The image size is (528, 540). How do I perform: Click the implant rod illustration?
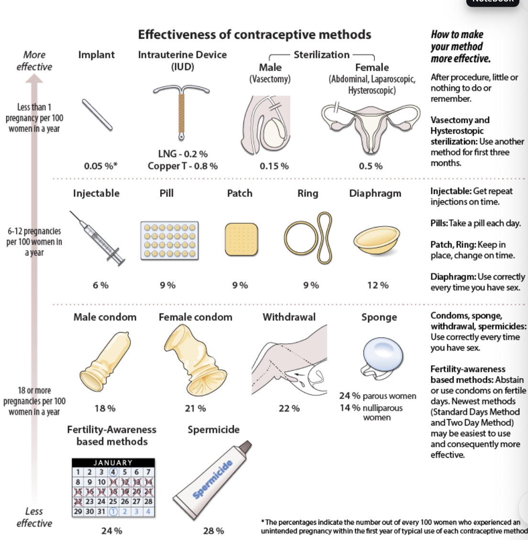point(97,115)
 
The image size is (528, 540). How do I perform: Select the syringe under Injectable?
point(99,239)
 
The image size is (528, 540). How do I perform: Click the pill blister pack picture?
point(169,240)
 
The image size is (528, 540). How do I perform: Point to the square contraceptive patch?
point(242,239)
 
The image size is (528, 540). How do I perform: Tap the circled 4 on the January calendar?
point(113,472)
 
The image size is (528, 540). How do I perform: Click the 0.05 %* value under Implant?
point(100,166)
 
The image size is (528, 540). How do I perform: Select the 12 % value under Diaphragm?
point(378,285)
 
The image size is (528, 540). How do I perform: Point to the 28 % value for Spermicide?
point(213,531)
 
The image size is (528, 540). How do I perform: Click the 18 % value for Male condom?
point(105,409)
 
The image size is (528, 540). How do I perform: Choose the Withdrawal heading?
point(289,317)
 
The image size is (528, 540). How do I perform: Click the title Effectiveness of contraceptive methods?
point(254,34)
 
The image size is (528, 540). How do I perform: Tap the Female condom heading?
point(195,317)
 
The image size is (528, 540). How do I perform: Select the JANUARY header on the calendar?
point(113,463)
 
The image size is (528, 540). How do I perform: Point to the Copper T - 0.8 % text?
point(182,166)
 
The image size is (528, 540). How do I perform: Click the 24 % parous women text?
point(377,396)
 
